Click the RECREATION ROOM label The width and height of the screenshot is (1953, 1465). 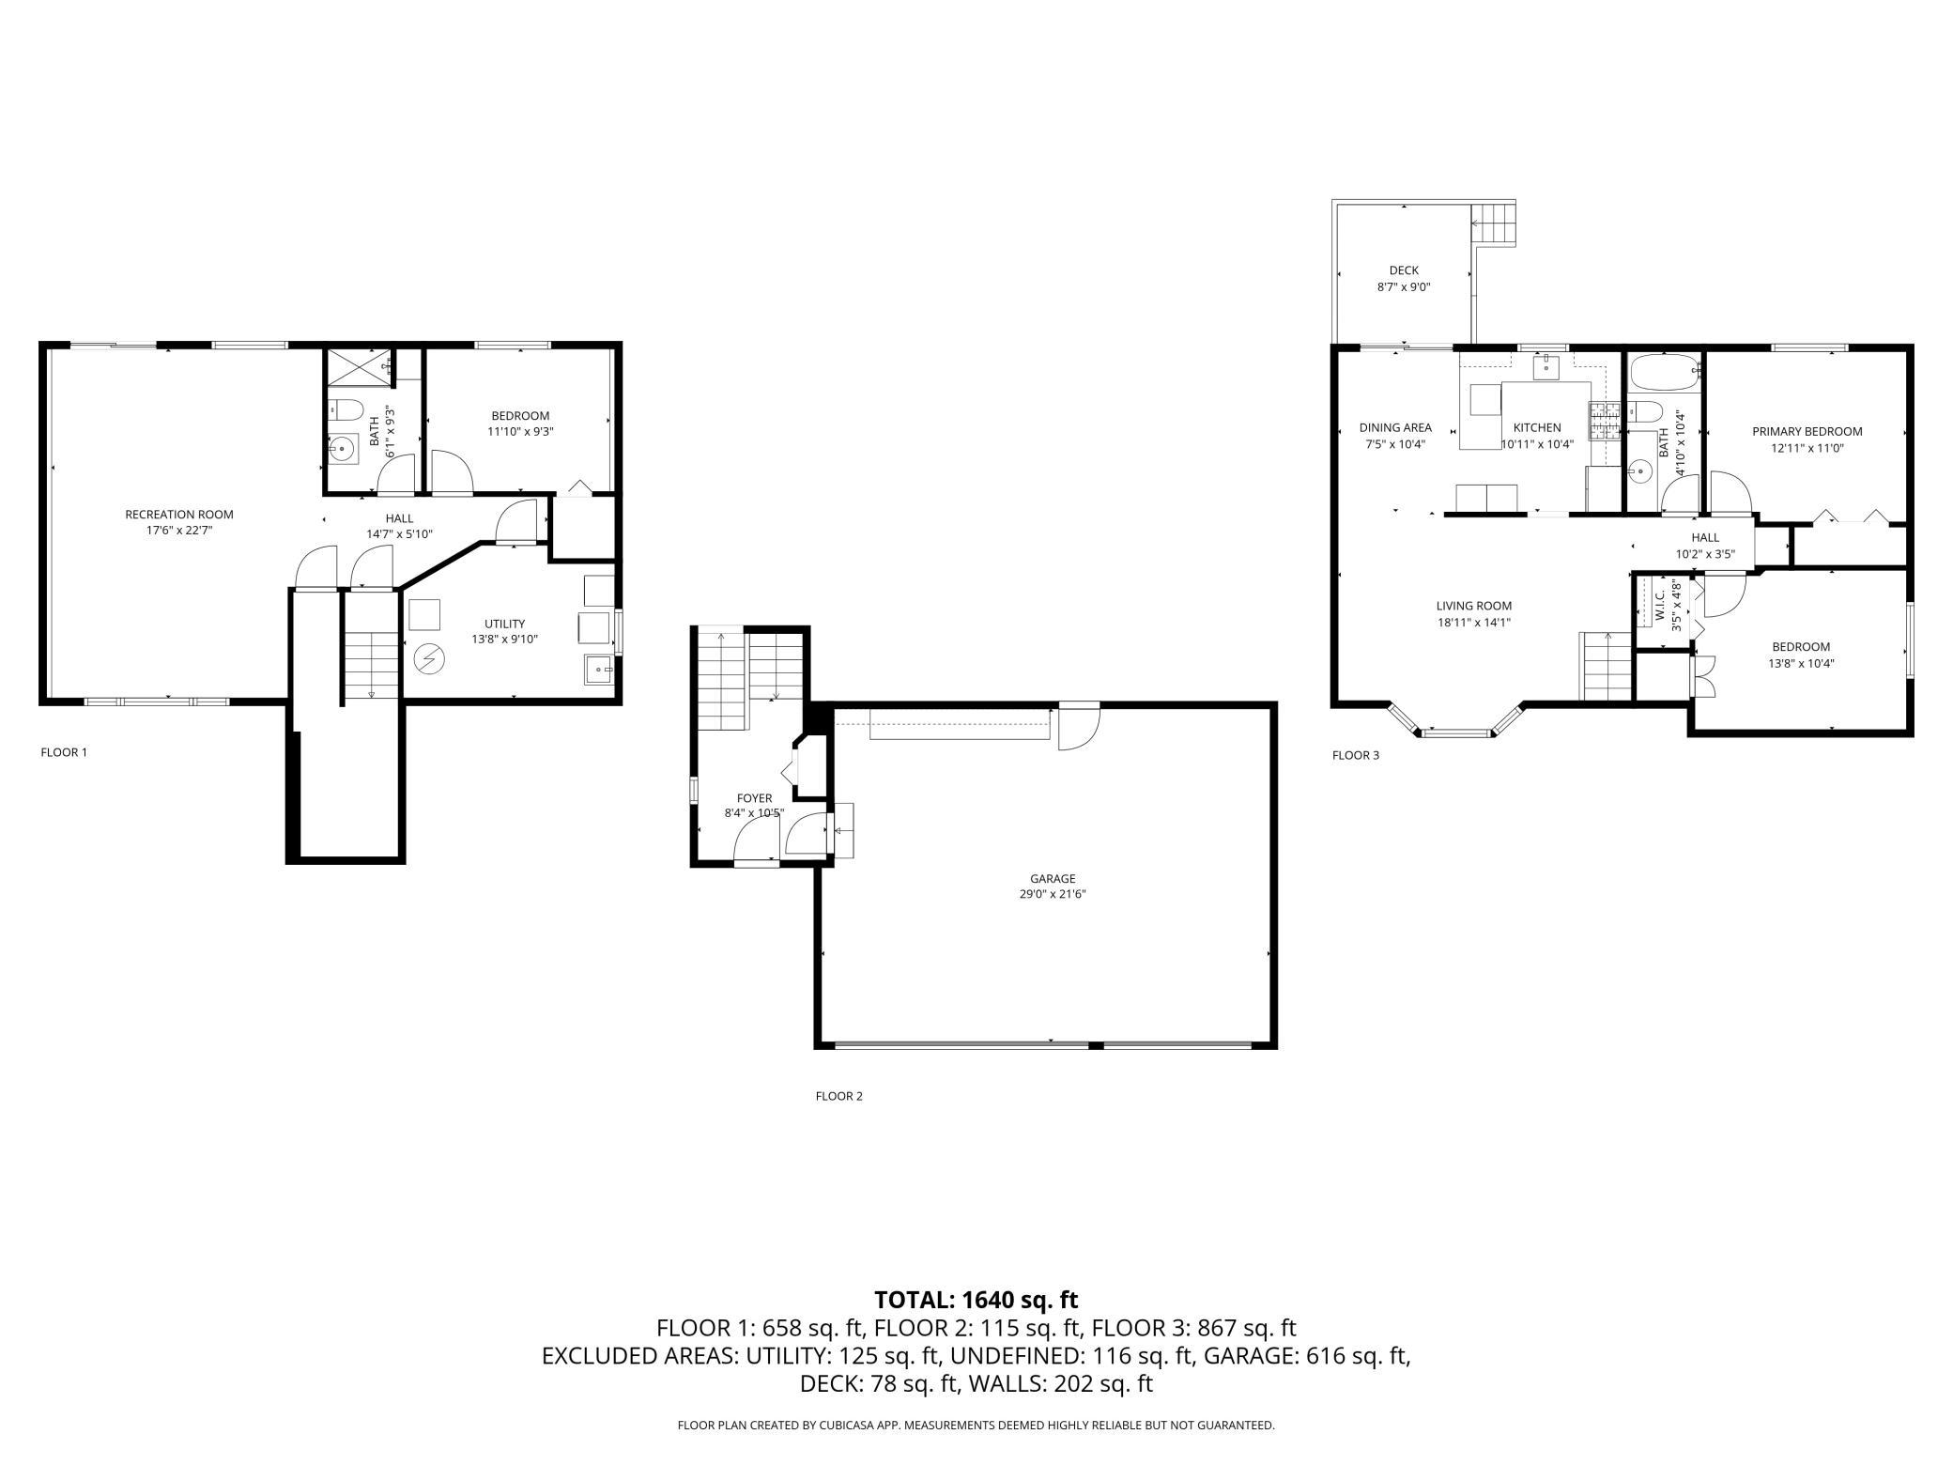(179, 515)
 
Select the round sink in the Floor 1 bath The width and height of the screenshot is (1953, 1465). (344, 450)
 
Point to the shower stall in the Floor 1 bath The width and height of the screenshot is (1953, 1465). (357, 367)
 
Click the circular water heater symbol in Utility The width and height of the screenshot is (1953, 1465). (430, 659)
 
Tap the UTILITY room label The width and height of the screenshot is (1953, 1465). (504, 624)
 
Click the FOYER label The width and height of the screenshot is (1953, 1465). (754, 798)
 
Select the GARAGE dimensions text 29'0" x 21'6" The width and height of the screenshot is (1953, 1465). (1052, 894)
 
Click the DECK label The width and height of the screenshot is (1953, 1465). (1404, 270)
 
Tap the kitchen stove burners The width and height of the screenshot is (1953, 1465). (1604, 421)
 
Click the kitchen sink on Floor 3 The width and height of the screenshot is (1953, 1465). (1545, 366)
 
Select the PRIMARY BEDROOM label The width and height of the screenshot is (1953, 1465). (1807, 432)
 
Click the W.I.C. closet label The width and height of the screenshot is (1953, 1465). (1660, 600)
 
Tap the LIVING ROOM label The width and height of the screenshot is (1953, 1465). (1474, 606)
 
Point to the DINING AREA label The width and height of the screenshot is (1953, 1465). (1395, 427)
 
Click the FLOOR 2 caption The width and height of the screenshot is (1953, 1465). (838, 1096)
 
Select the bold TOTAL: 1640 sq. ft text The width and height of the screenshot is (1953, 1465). (976, 1300)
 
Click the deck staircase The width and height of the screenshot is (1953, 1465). (1494, 225)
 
